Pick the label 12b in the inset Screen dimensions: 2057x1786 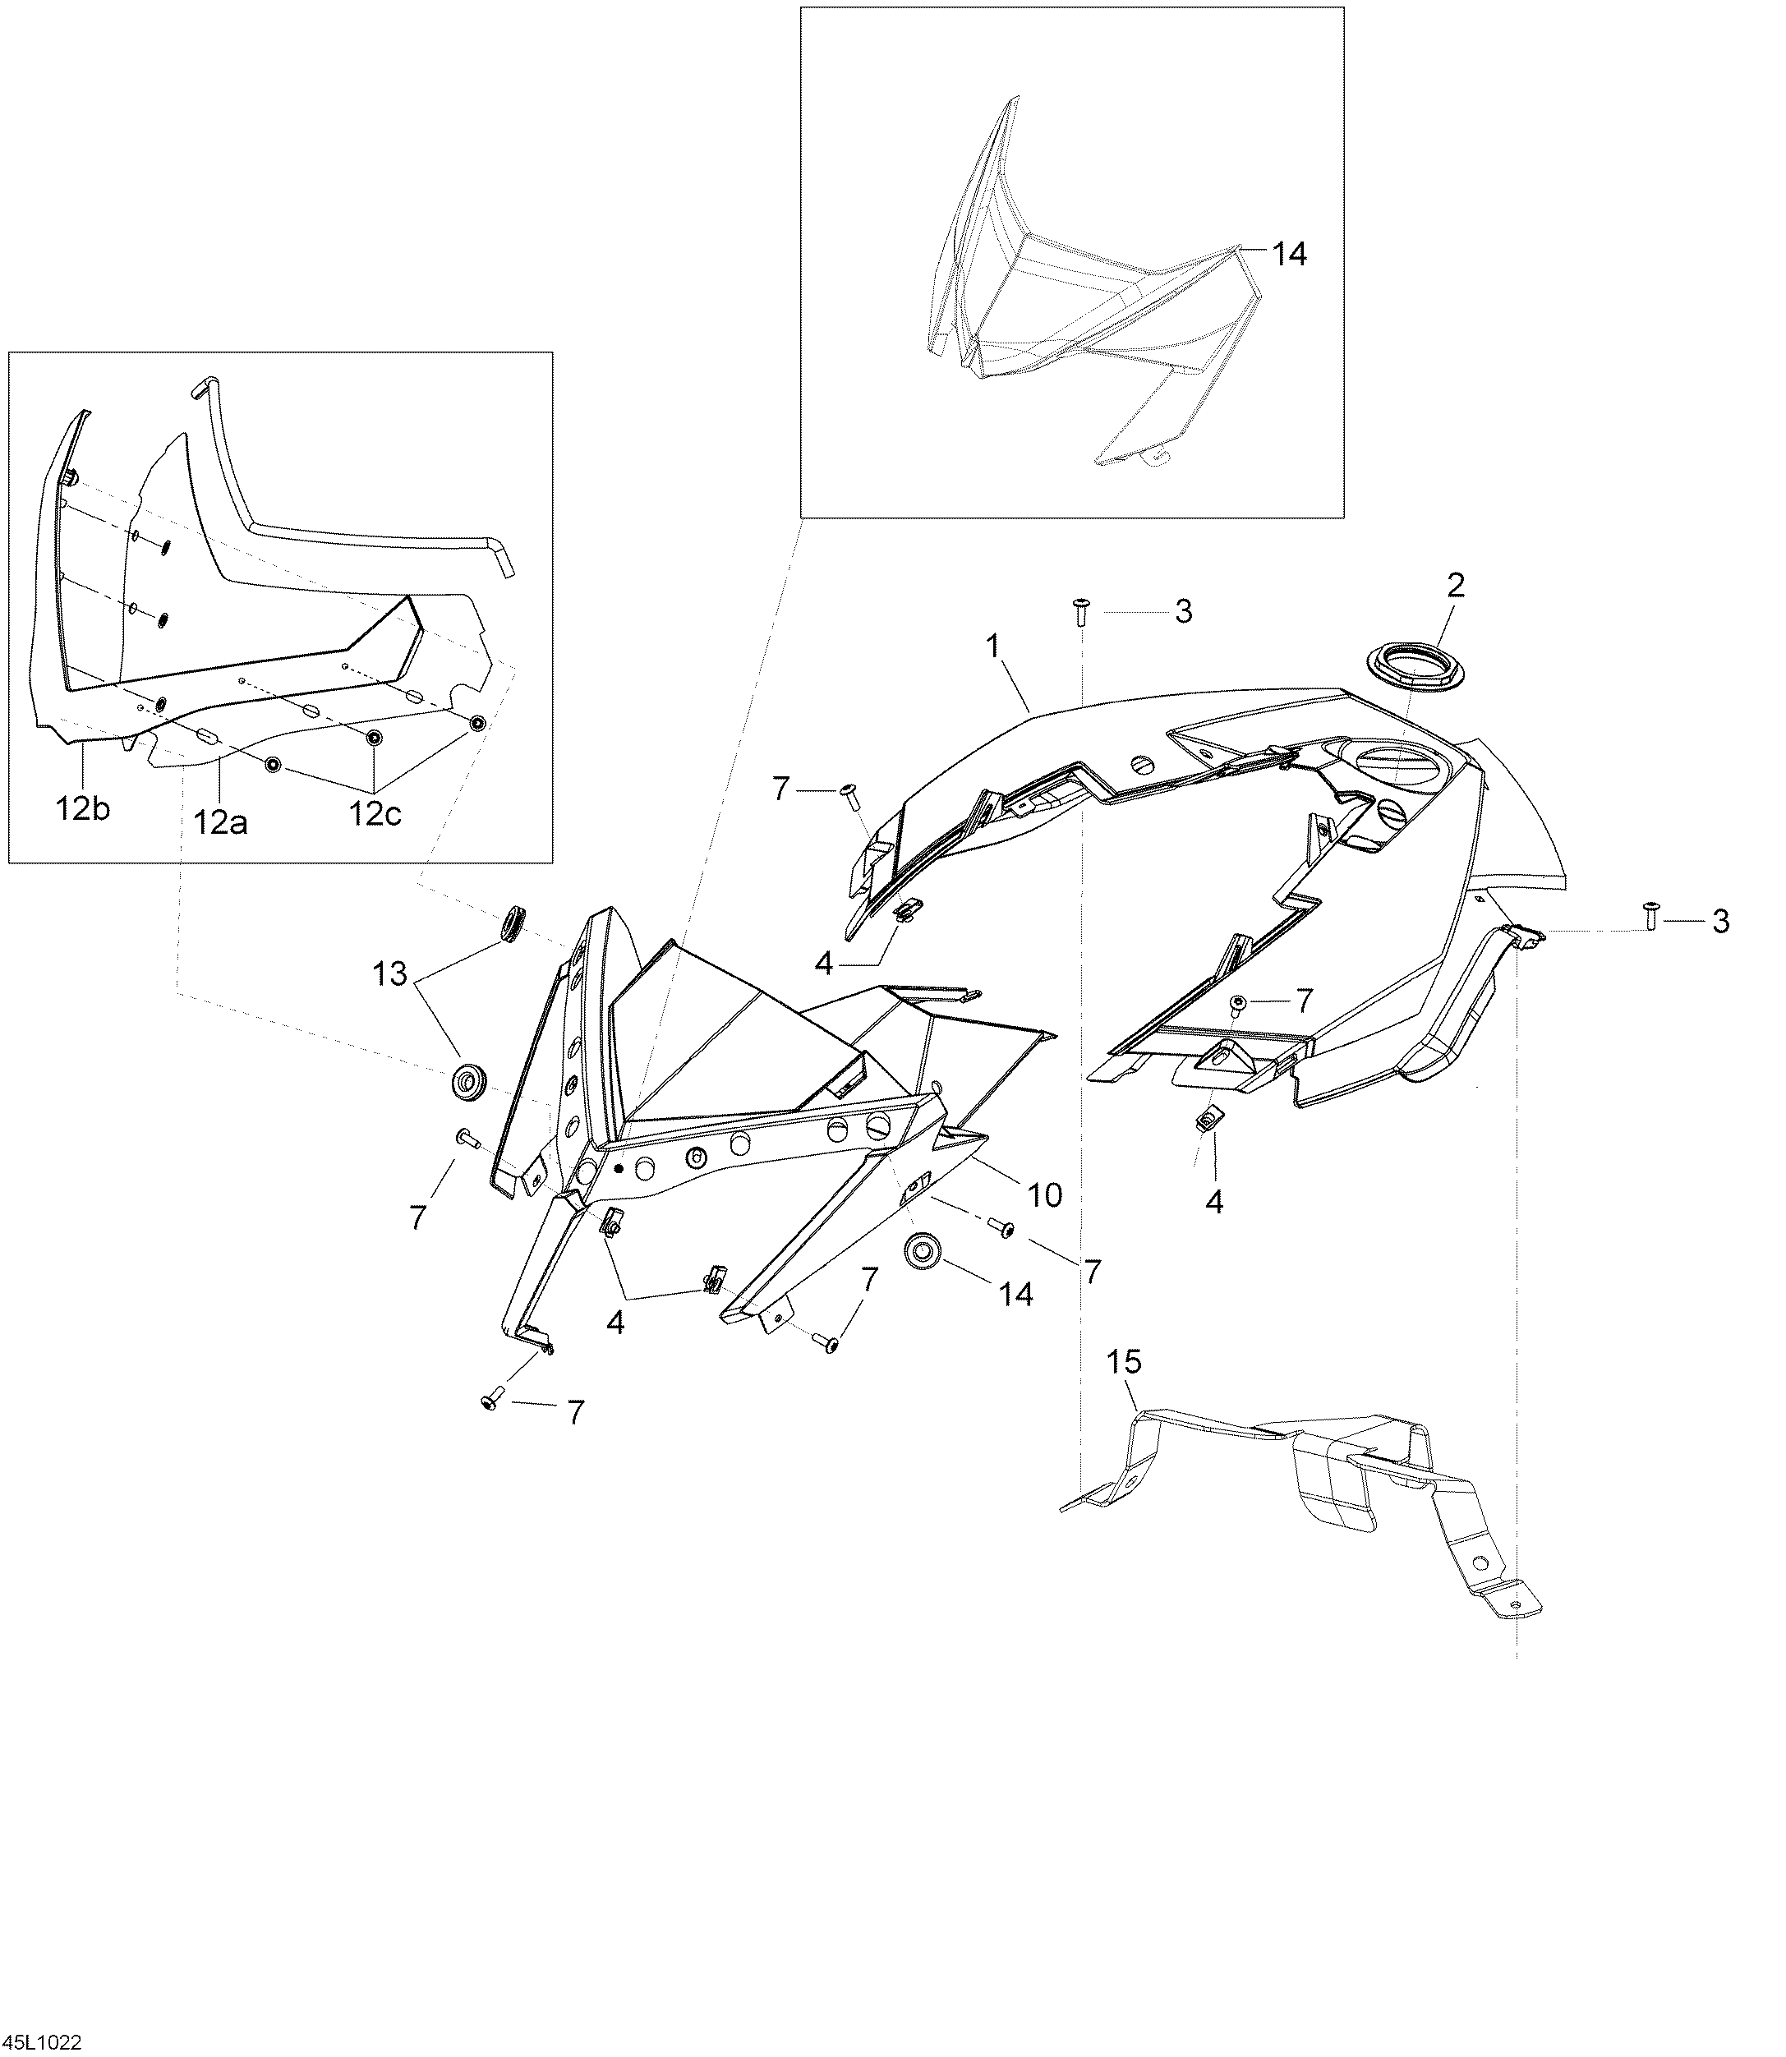tap(84, 809)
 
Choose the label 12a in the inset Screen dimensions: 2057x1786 tap(221, 822)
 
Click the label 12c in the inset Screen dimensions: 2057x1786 tap(375, 814)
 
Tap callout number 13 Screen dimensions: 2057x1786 tap(389, 973)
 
